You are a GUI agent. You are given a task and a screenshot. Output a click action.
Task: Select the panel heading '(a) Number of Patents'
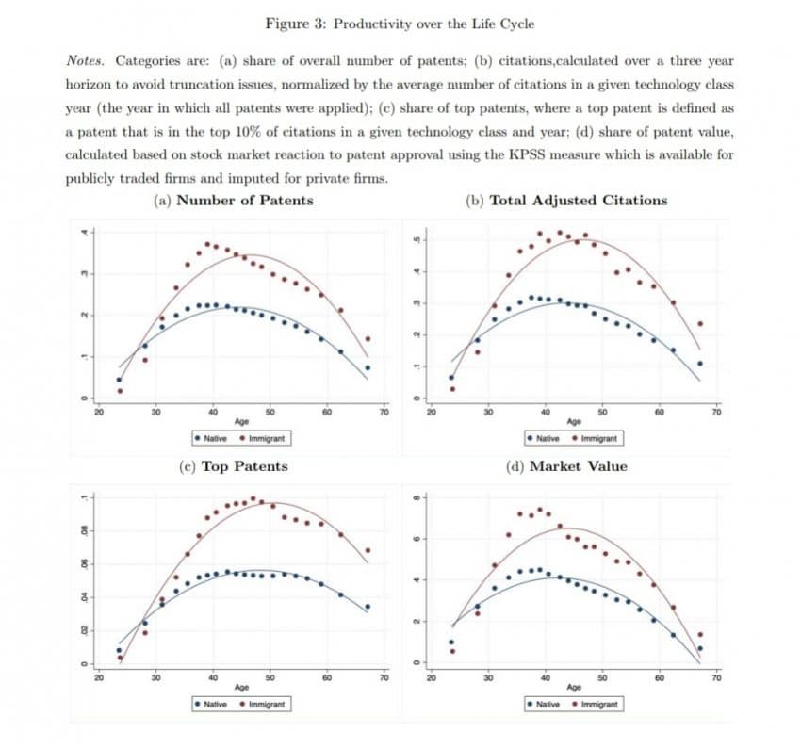[x=233, y=200]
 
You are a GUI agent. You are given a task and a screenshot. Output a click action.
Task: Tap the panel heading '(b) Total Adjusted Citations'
[x=566, y=200]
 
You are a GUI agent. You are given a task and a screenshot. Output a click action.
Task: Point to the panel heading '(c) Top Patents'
[x=233, y=466]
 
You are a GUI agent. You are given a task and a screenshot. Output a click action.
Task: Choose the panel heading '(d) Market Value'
[x=566, y=466]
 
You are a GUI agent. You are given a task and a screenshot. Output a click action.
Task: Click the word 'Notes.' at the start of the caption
[x=89, y=60]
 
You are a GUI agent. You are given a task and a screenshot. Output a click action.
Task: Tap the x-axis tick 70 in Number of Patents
[x=384, y=411]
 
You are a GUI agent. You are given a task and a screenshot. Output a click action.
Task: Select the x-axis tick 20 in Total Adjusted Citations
[x=432, y=411]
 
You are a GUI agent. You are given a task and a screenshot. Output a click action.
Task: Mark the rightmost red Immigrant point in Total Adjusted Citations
[x=699, y=324]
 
